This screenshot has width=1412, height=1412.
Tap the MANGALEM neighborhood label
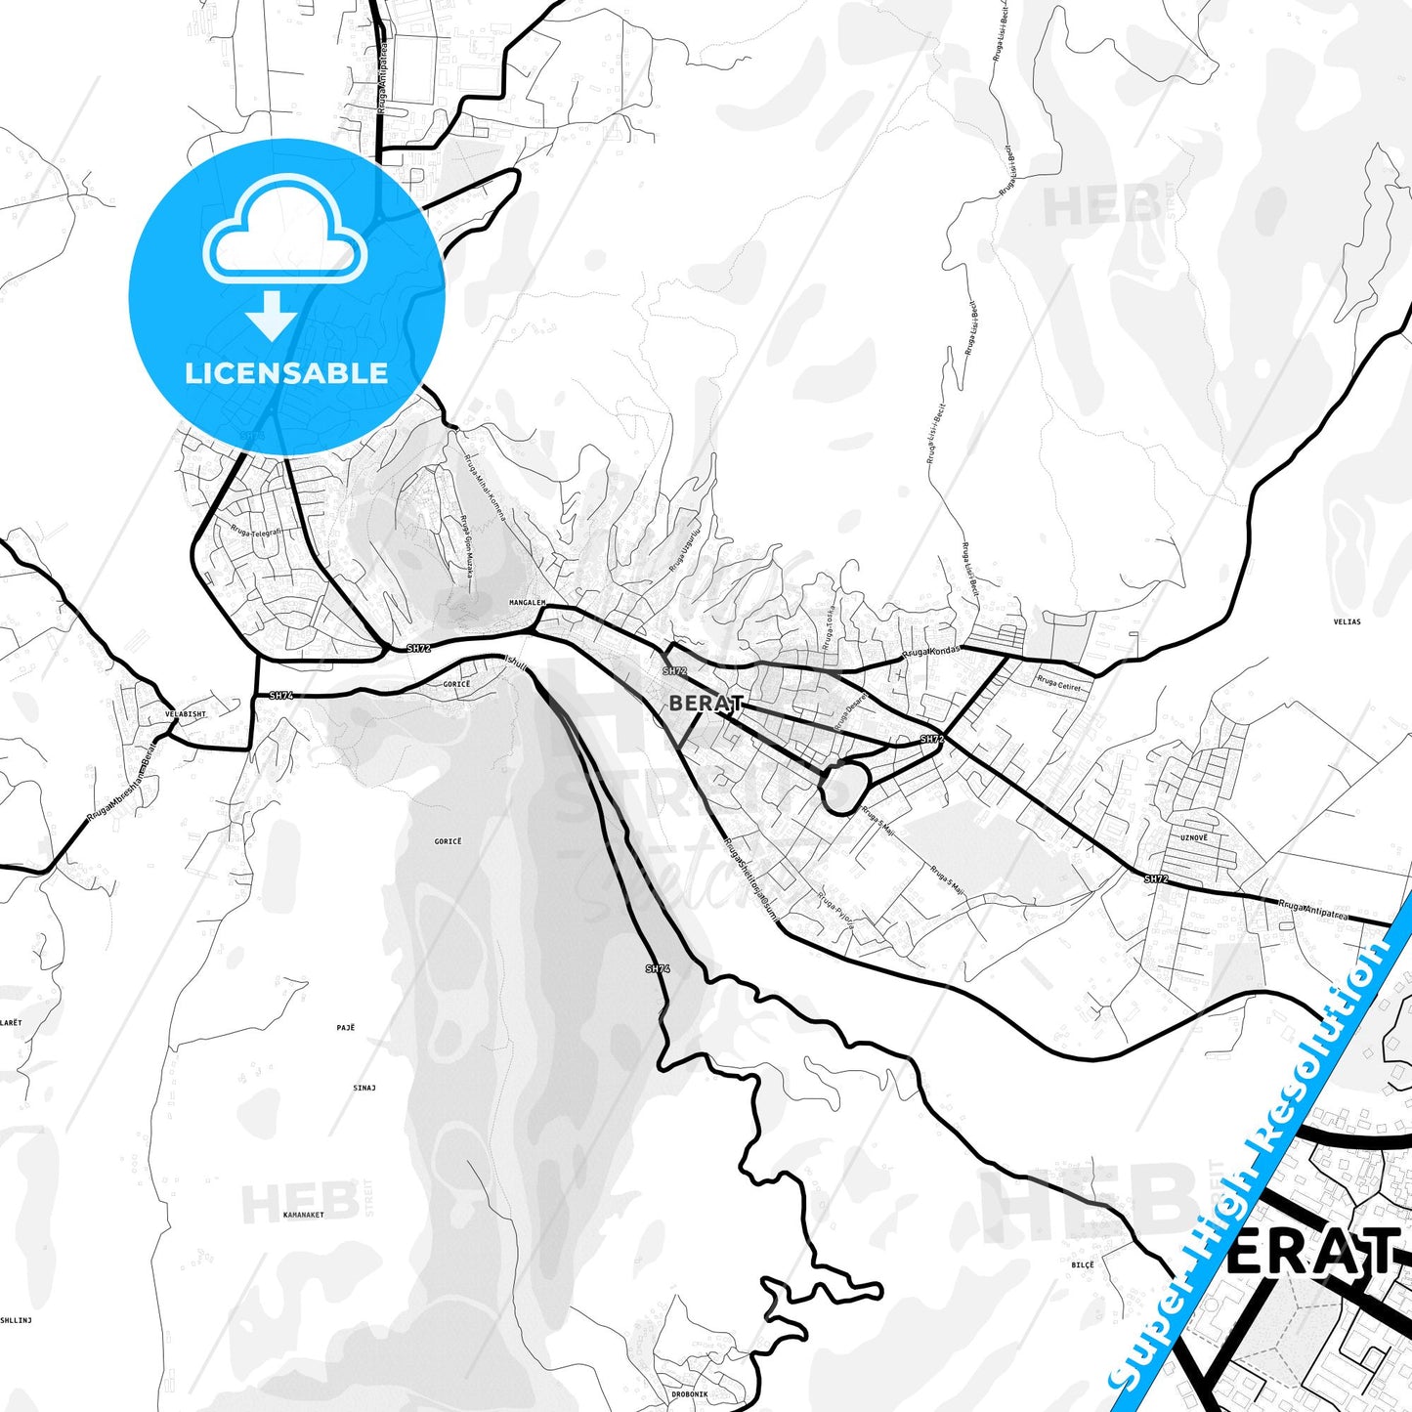pos(527,603)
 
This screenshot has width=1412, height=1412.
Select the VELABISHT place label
pos(186,714)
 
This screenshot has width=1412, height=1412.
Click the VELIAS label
pos(1347,621)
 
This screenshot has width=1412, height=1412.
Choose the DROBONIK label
pos(689,1394)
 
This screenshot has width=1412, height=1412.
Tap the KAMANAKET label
pos(303,1216)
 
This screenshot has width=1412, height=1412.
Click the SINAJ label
pos(364,1088)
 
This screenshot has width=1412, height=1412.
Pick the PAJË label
pos(346,1028)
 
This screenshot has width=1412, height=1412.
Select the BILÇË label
pos(1083,1264)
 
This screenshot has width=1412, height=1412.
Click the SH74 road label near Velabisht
pos(280,696)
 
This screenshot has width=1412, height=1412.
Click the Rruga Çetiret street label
pos(1058,684)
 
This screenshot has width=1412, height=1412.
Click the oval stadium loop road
pos(844,788)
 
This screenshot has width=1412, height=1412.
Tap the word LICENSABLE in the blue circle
pos(286,373)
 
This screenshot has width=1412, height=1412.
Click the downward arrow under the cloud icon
pos(273,319)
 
